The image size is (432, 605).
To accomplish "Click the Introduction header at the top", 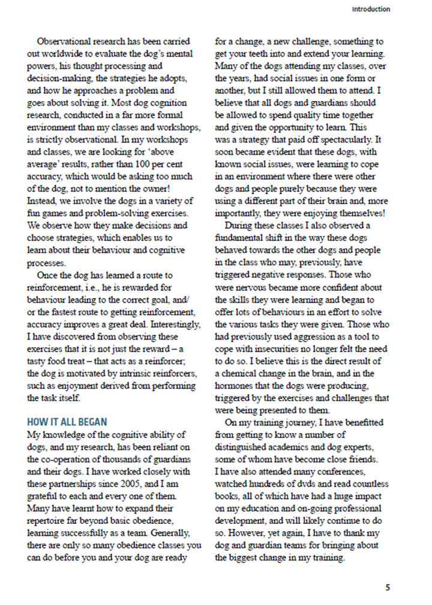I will (370, 9).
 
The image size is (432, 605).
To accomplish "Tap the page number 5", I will (388, 587).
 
